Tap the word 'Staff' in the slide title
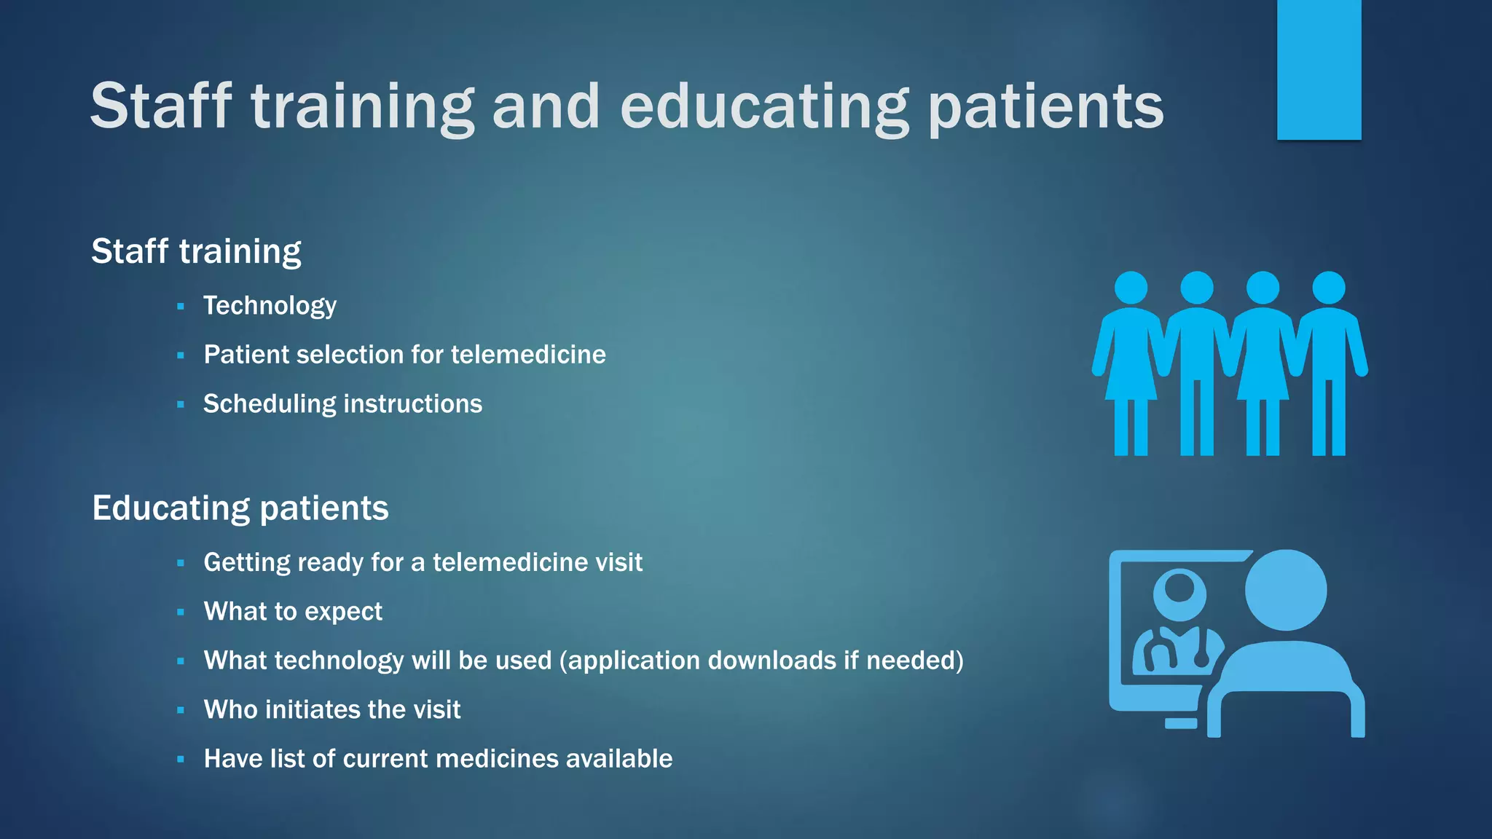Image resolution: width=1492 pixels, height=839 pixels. [161, 106]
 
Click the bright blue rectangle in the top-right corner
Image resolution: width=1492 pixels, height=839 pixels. [1319, 69]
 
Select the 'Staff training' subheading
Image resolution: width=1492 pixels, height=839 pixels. [196, 251]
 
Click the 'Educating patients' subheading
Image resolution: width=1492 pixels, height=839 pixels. [240, 508]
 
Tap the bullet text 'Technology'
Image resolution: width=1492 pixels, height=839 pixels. [270, 306]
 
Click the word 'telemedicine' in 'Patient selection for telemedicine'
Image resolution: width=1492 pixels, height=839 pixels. [528, 355]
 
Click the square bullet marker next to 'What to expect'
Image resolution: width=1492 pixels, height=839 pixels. [181, 612]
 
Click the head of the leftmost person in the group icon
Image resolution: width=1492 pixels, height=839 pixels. [1131, 288]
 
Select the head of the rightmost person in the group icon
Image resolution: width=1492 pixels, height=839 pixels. [1328, 288]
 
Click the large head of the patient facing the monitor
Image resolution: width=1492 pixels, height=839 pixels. [1286, 590]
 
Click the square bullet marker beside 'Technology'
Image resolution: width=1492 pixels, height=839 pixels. [181, 307]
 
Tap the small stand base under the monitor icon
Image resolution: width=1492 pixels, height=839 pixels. [1181, 723]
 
